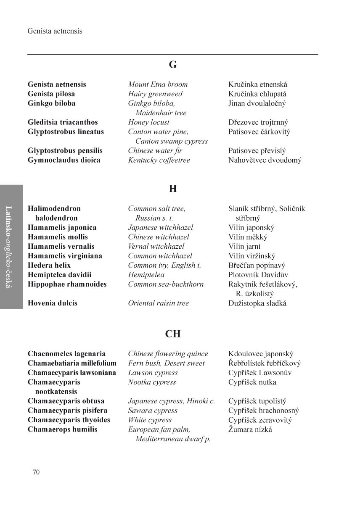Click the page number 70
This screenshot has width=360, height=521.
[36, 472]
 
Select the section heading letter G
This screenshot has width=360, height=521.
[173, 65]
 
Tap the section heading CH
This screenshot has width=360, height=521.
[173, 334]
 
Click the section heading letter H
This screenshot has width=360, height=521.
[173, 189]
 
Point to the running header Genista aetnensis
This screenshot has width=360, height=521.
[55, 31]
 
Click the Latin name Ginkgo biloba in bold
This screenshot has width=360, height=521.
[52, 103]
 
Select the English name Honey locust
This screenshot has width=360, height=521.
[149, 122]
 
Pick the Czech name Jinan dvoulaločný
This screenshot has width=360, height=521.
[257, 103]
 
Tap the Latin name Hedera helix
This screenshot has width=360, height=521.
[49, 265]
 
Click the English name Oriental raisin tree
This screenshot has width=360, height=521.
[159, 303]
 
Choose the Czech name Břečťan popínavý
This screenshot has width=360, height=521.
[257, 265]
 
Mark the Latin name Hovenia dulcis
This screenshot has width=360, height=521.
[53, 303]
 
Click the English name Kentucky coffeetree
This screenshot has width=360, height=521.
[159, 160]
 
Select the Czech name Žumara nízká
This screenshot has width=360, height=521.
[250, 429]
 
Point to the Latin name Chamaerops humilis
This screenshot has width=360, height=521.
[62, 429]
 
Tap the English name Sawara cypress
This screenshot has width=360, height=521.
[153, 410]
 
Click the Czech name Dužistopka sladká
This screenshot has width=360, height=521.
[257, 303]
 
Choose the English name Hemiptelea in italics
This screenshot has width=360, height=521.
[146, 275]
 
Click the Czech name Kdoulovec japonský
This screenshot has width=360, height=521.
[261, 354]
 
